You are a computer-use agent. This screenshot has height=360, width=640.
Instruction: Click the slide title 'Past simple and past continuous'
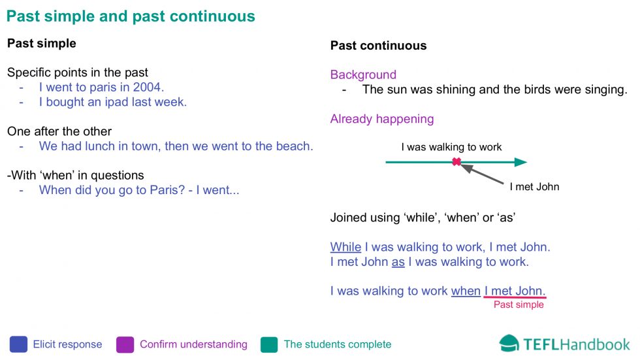(x=131, y=16)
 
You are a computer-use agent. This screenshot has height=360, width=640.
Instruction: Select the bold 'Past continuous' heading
(x=378, y=46)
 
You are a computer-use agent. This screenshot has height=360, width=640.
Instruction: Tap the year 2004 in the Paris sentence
(x=147, y=87)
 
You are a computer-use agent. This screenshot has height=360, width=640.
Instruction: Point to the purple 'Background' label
(x=363, y=74)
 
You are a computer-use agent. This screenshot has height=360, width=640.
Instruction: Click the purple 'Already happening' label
(x=382, y=119)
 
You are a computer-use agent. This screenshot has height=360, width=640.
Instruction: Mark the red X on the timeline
(x=456, y=161)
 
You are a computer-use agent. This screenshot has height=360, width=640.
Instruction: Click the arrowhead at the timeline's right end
(x=520, y=162)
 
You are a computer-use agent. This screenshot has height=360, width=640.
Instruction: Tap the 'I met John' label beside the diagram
(x=534, y=187)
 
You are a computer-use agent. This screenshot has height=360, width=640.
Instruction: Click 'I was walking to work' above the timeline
(x=451, y=147)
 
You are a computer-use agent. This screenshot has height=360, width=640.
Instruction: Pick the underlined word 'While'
(x=345, y=247)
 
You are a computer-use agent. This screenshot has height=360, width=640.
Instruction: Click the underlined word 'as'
(x=398, y=262)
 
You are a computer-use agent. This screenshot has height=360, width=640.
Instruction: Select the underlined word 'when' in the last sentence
(x=466, y=291)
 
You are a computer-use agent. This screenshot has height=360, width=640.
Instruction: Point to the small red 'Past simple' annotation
(x=519, y=304)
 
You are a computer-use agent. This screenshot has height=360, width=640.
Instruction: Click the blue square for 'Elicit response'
(x=18, y=344)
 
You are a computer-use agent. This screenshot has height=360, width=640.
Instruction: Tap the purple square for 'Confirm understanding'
(x=125, y=344)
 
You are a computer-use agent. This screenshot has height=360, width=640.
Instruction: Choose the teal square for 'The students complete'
(x=269, y=344)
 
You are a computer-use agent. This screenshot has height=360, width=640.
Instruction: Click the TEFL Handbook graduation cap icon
(x=509, y=343)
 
